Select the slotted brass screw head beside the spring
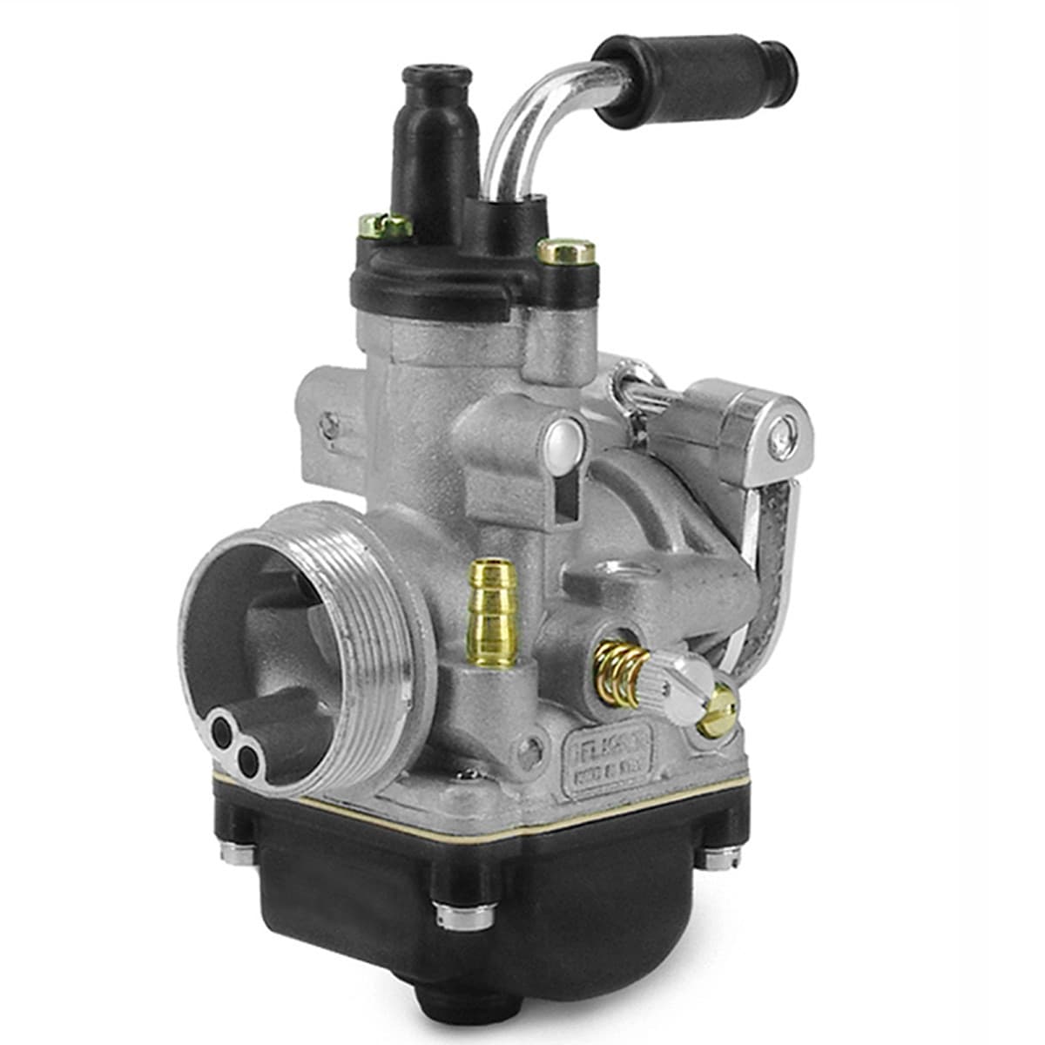718,709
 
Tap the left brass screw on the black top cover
386,226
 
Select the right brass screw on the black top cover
566,253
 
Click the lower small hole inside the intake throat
247,764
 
